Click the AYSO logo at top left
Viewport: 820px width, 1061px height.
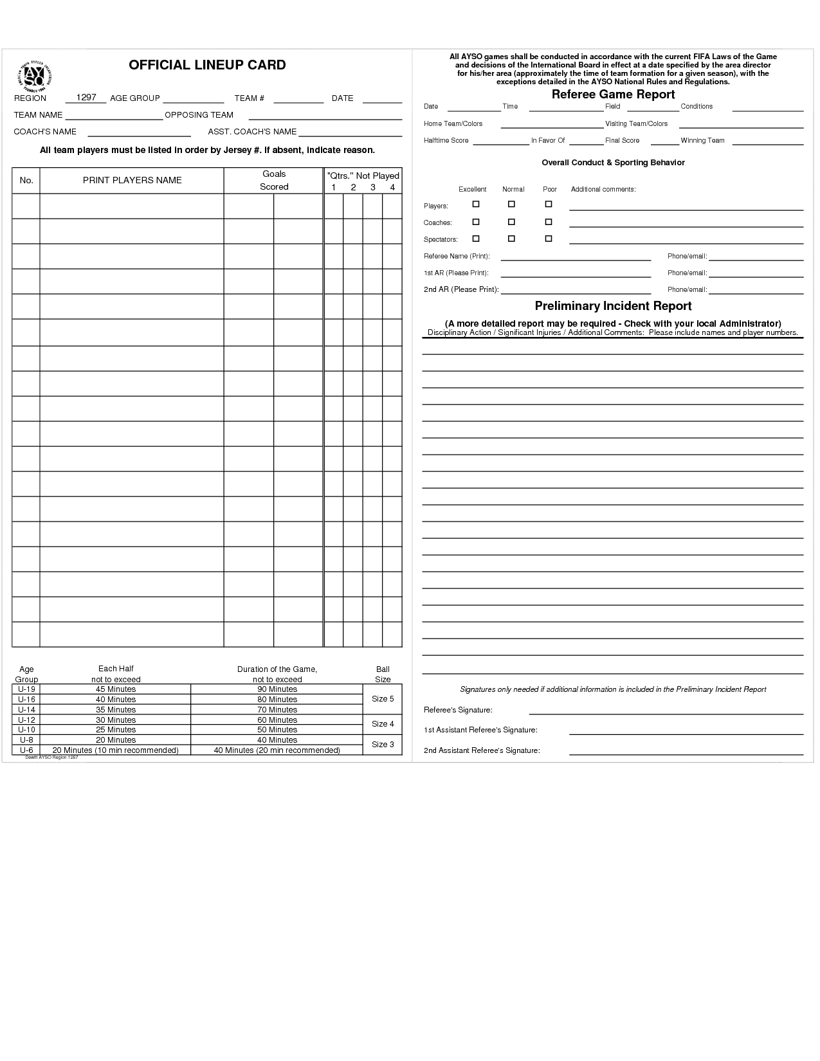click(35, 77)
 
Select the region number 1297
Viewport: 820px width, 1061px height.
click(86, 97)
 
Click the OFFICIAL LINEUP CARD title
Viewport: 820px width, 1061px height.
click(207, 65)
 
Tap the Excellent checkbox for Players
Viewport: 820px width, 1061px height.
click(476, 204)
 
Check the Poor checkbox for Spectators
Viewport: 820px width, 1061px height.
click(549, 239)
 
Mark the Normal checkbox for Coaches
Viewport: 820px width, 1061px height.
click(511, 222)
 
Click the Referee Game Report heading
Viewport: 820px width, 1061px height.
click(613, 95)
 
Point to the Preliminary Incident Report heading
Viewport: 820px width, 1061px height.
click(613, 306)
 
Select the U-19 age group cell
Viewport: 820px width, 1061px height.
click(26, 689)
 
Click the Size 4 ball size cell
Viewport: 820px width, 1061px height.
click(383, 724)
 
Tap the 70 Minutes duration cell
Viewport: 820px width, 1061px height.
click(277, 710)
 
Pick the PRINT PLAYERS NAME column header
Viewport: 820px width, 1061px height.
click(132, 180)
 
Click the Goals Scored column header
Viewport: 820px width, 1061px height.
click(274, 180)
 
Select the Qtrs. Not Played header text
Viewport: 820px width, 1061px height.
click(363, 176)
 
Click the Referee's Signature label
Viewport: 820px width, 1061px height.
click(458, 710)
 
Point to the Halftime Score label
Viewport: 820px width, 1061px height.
click(446, 140)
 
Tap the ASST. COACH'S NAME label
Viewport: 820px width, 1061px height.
click(252, 132)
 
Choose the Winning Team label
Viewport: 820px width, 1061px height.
click(702, 140)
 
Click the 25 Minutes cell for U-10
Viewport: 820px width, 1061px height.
click(116, 730)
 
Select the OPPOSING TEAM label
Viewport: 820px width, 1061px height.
click(199, 115)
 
